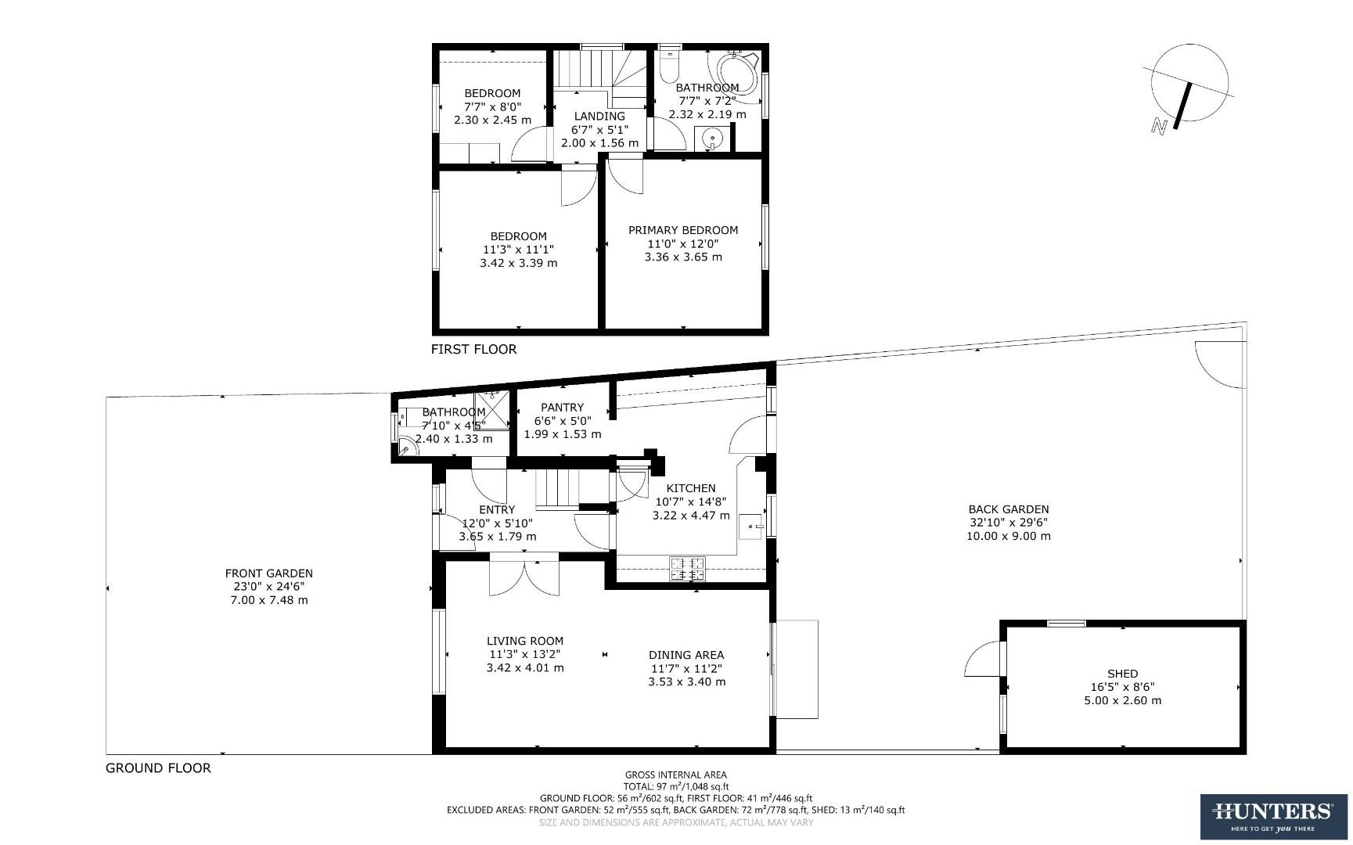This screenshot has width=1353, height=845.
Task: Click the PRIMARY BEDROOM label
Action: coord(683,230)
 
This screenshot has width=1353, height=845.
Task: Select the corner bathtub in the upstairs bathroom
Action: coord(736,74)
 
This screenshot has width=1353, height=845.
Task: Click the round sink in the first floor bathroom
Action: coord(713,140)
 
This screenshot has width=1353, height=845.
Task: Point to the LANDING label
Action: coord(599,116)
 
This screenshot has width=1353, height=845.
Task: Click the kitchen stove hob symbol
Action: coord(687,569)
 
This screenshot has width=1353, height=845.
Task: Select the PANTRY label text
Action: coord(562,407)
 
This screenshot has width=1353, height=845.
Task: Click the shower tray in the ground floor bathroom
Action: coord(492,408)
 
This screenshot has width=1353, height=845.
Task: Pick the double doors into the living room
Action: coord(524,577)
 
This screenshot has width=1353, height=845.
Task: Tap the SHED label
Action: coord(1122,674)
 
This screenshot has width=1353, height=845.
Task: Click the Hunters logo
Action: coord(1273,817)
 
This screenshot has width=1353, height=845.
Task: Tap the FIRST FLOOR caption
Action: coord(473,349)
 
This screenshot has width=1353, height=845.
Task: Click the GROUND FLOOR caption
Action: coord(158,768)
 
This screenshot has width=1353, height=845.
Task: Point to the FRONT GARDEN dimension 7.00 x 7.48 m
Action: coord(268,600)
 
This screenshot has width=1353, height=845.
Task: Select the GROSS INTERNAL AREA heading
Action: coord(675,775)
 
